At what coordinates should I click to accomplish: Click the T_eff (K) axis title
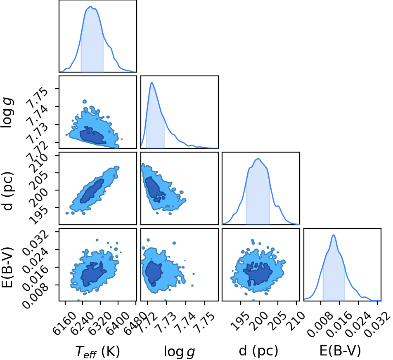[98, 351]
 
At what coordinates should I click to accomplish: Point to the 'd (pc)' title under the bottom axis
[258, 351]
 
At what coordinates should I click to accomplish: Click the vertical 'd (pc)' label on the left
[7, 191]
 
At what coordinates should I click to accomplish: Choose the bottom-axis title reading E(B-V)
[340, 351]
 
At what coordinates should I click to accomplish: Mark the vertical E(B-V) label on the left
[7, 267]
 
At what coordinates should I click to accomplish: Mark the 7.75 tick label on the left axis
[38, 98]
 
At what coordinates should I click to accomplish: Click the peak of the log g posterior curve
[152, 82]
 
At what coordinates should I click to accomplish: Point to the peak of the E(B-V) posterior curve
[334, 235]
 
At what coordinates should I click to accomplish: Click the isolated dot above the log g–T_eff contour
[85, 101]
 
